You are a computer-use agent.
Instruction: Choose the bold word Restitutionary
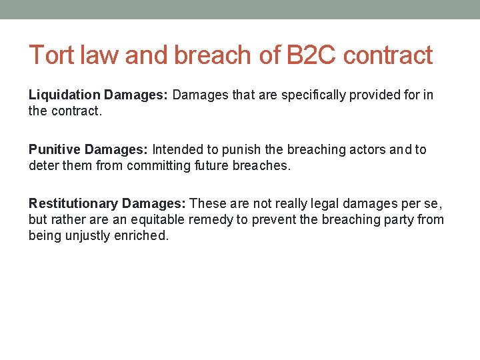pos(73,204)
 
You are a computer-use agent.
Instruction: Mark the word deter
pos(43,165)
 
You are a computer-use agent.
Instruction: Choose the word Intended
pos(177,150)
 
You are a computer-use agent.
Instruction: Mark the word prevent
pos(267,219)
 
